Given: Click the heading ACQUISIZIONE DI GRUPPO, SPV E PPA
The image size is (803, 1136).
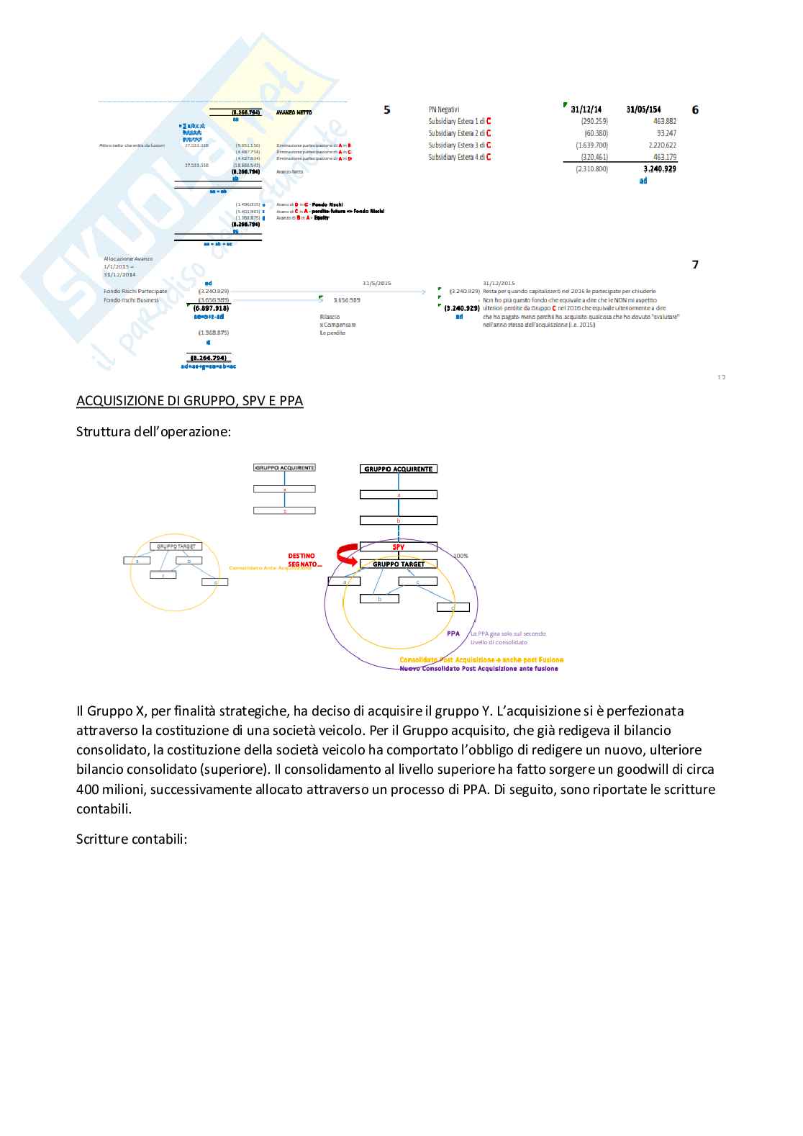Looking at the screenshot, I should (x=189, y=401).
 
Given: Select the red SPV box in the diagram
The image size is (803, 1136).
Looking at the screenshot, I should (x=399, y=547).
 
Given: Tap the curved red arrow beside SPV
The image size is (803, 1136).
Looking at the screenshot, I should (x=347, y=554).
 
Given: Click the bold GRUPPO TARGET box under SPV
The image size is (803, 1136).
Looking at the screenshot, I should (x=399, y=564).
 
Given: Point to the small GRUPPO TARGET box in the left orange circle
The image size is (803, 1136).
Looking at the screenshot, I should (x=176, y=546).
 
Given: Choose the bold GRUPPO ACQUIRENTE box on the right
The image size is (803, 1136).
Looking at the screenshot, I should (x=399, y=469).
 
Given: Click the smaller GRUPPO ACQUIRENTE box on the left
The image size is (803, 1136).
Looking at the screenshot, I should (x=284, y=468).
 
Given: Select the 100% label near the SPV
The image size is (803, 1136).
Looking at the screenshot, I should (x=461, y=556).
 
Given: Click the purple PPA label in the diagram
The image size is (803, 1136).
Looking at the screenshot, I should (x=453, y=634).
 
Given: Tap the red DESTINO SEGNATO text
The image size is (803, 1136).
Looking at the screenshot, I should (x=303, y=560).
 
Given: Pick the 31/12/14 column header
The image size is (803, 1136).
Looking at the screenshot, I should (x=586, y=110).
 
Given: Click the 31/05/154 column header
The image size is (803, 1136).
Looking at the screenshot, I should (x=643, y=110).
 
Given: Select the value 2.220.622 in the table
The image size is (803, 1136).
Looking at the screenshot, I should (x=662, y=145).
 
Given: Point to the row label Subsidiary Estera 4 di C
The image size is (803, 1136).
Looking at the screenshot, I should (x=459, y=157).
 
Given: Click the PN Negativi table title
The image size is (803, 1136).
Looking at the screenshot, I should (x=443, y=110).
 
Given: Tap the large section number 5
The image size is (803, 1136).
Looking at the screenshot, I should (x=387, y=110).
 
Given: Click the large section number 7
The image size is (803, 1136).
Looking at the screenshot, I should (x=695, y=265).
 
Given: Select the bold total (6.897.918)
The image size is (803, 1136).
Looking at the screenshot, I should (x=211, y=308).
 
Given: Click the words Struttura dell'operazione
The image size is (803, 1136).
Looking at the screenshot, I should (x=153, y=432).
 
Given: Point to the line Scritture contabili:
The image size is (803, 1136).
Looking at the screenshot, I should (x=132, y=839).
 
